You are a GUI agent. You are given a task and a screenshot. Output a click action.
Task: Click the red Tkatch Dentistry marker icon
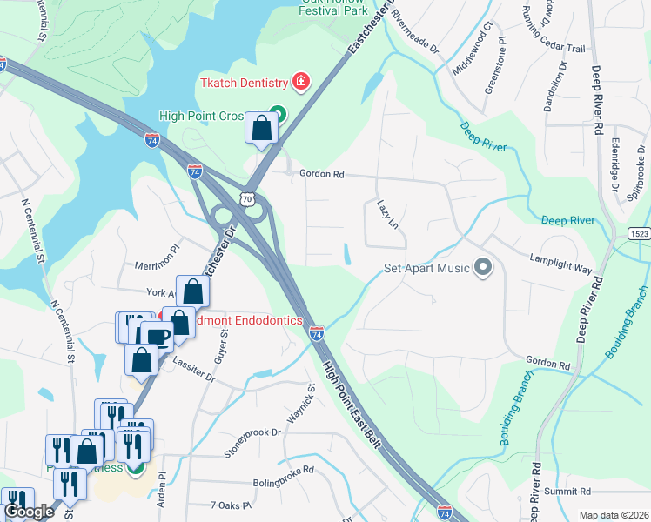tap(301, 83)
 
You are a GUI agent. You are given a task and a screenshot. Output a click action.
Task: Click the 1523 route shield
tap(638, 233)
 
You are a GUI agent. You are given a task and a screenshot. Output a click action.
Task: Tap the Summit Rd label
tap(567, 492)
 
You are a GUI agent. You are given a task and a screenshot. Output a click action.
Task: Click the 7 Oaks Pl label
tap(231, 505)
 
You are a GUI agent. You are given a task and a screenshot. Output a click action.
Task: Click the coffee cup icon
tap(156, 336)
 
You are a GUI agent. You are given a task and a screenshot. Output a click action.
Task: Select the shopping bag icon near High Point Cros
tap(261, 130)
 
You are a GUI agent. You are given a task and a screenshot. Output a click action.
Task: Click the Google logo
tap(28, 512)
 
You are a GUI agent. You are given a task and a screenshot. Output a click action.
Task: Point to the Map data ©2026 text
tap(613, 515)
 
